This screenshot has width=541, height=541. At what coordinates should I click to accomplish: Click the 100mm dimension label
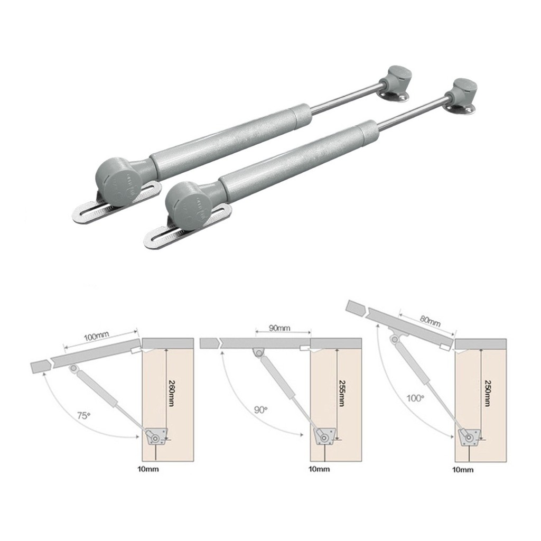pyautogui.click(x=97, y=335)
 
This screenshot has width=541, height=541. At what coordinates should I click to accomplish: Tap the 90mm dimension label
pyautogui.click(x=279, y=328)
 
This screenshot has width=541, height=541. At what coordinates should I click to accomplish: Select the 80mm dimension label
pyautogui.click(x=430, y=321)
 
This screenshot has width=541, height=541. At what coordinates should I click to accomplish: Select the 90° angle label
pyautogui.click(x=261, y=410)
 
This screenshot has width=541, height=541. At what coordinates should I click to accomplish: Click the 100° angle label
pyautogui.click(x=415, y=398)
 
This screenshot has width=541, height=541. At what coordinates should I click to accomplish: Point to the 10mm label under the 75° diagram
pyautogui.click(x=148, y=470)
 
